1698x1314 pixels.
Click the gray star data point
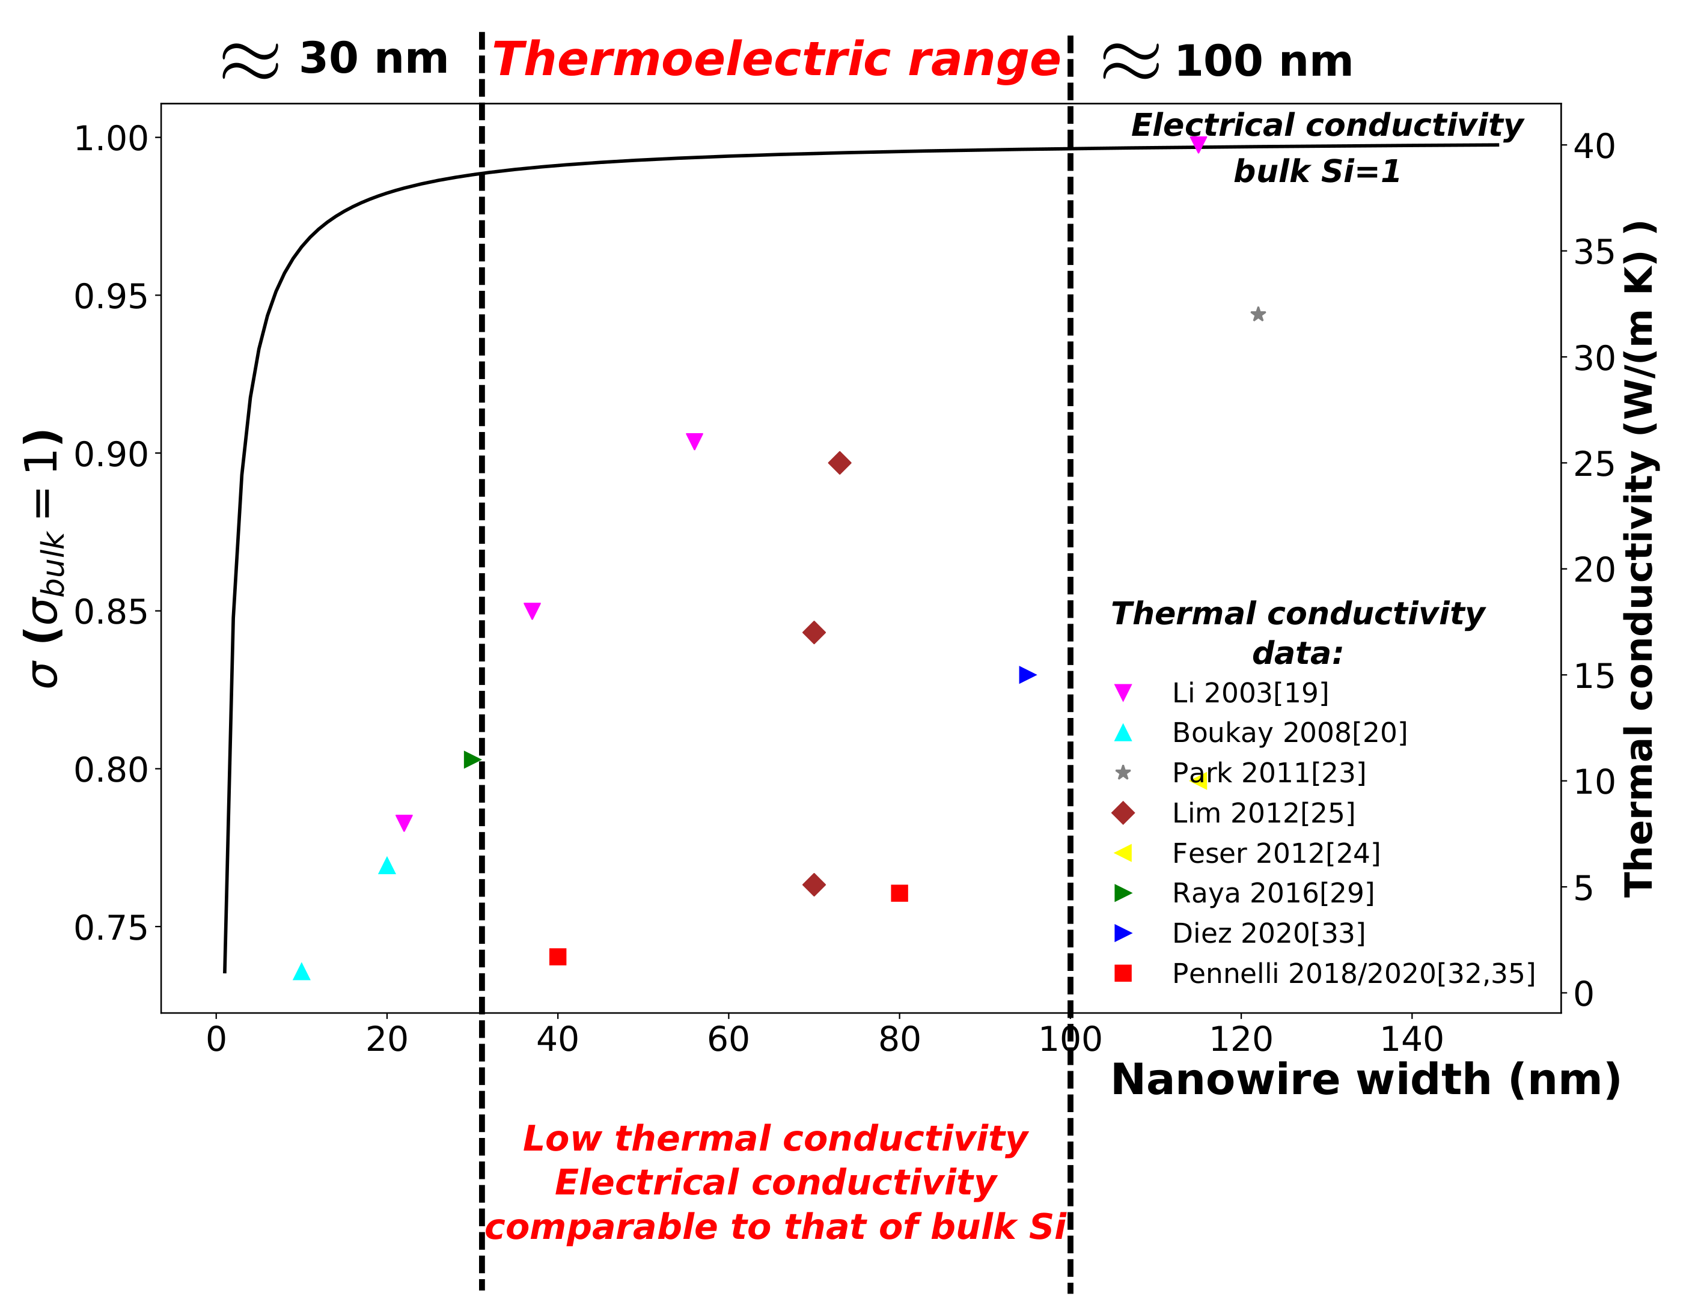1257,315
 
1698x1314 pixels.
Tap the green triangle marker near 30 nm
471,759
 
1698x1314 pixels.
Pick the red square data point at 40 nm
557,957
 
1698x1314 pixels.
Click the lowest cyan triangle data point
302,972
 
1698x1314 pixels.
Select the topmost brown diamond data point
839,463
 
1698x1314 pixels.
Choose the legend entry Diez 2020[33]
1268,932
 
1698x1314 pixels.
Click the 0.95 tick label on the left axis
111,296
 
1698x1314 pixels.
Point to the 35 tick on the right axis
1594,252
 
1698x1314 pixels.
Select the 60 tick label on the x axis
728,1039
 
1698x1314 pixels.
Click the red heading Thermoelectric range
776,60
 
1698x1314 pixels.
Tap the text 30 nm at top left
373,59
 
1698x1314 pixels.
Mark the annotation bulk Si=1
1316,171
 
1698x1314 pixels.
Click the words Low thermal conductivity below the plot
775,1139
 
